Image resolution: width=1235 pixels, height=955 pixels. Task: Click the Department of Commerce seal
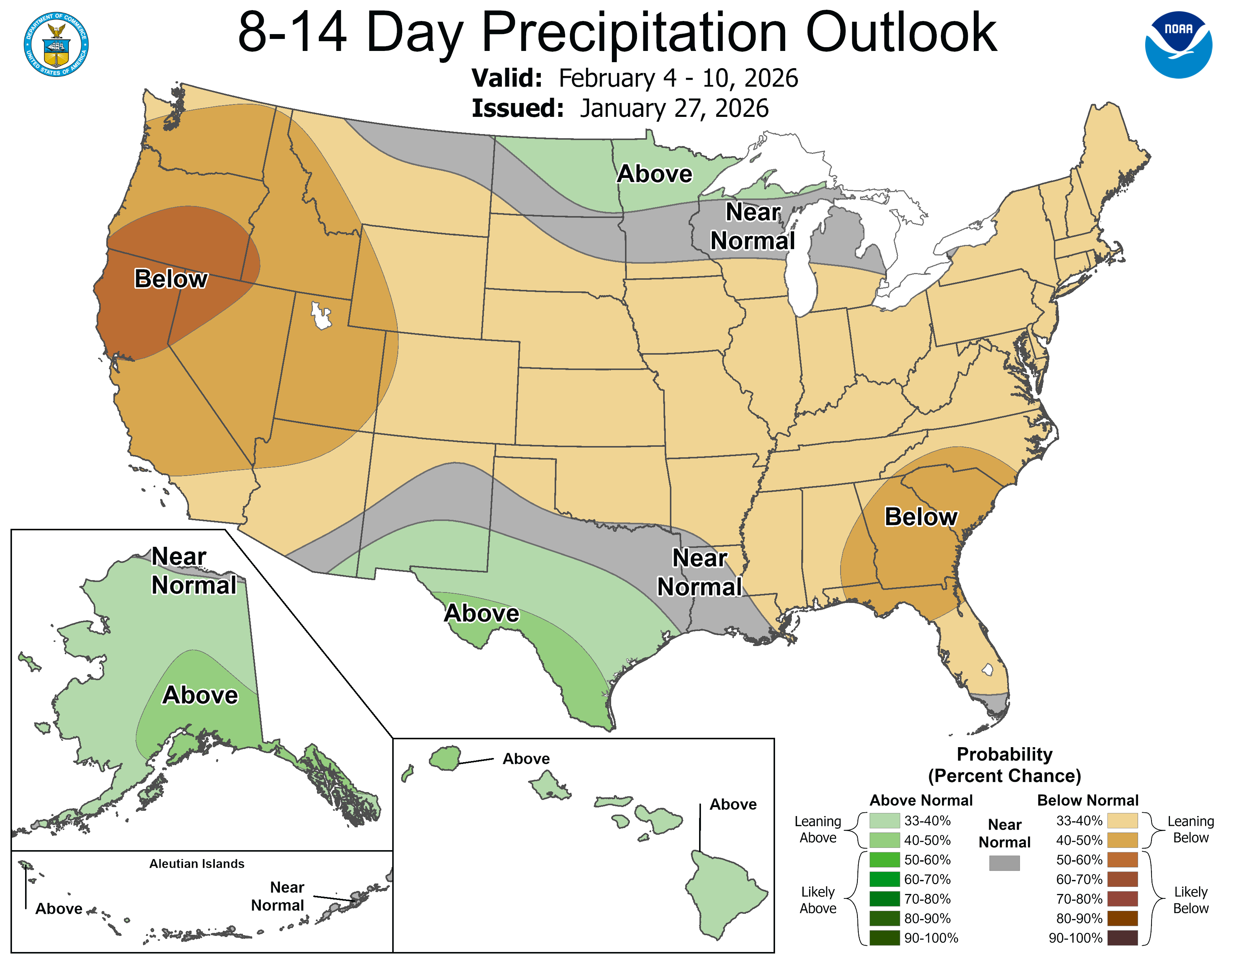56,44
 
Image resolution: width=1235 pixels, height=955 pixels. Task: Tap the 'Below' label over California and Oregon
171,279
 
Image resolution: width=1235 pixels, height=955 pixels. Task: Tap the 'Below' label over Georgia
921,516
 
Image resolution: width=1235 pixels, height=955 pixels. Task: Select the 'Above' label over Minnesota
654,174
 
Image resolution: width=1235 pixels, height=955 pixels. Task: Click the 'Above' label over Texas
481,613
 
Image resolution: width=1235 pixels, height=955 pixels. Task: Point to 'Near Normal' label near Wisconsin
753,226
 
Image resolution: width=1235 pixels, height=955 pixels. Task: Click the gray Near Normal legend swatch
1004,863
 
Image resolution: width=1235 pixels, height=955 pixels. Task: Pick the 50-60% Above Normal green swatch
884,860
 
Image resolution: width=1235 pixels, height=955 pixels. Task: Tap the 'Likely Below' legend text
1190,900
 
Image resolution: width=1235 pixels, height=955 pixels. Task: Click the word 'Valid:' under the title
507,78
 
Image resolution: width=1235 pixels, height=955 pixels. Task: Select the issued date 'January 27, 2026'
674,109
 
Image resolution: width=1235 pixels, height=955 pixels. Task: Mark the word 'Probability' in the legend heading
1004,754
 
